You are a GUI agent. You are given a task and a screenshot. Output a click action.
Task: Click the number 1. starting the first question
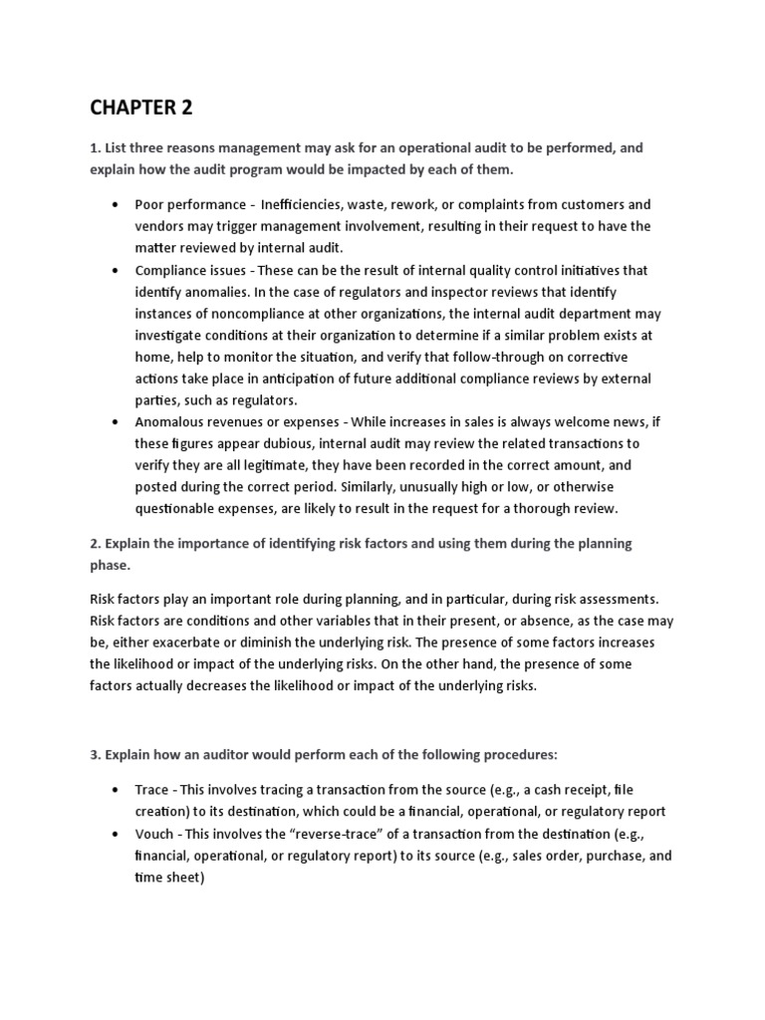tap(96, 147)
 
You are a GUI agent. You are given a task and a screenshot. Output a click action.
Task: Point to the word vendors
tap(162, 226)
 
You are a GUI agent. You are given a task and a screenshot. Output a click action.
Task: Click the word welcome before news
tap(543, 422)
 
